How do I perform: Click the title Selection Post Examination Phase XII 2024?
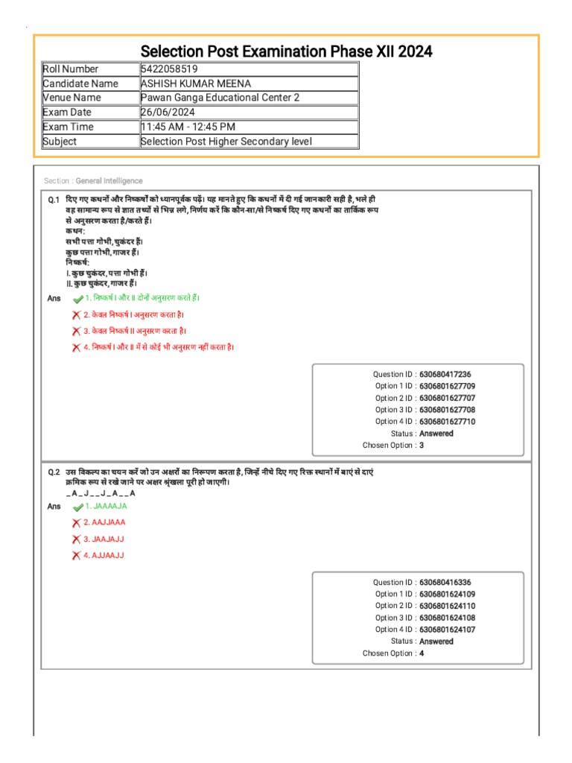click(286, 51)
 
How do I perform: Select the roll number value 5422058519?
click(169, 69)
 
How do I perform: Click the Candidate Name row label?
click(80, 83)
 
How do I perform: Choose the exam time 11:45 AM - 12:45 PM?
click(188, 127)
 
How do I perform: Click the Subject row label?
click(60, 142)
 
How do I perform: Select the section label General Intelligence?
click(109, 181)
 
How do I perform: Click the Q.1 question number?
click(54, 200)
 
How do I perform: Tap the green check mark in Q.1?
click(77, 298)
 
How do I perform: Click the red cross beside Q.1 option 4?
click(76, 347)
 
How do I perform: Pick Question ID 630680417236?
click(445, 374)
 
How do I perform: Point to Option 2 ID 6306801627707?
click(447, 398)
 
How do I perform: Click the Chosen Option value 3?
click(422, 446)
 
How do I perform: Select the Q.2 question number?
click(54, 472)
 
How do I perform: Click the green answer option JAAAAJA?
click(105, 506)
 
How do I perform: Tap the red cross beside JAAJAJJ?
click(76, 539)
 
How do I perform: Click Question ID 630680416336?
click(445, 582)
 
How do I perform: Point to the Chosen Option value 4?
click(422, 653)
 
